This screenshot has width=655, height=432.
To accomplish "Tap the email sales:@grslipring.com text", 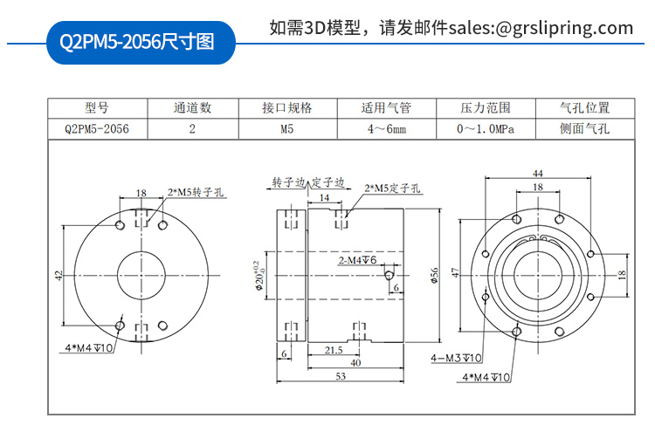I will click(541, 27).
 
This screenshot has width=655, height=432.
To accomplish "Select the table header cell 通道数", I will click(192, 108).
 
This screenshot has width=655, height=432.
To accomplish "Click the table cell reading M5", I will click(287, 129).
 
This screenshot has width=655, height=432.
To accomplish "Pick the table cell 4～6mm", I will click(386, 129).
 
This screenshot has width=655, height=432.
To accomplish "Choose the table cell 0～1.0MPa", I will click(485, 129).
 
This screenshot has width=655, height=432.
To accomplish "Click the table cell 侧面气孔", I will click(584, 129).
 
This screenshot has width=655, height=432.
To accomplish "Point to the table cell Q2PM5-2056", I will click(97, 129).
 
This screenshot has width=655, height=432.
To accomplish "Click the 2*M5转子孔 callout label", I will click(197, 192).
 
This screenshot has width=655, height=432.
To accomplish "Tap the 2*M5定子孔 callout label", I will click(394, 187).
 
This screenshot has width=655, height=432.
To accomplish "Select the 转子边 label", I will click(287, 183).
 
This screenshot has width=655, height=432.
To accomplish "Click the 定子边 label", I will click(329, 183).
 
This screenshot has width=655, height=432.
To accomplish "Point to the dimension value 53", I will click(340, 376).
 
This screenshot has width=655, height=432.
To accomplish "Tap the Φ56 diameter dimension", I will click(434, 276).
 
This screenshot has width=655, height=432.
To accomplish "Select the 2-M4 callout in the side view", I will click(356, 260).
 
